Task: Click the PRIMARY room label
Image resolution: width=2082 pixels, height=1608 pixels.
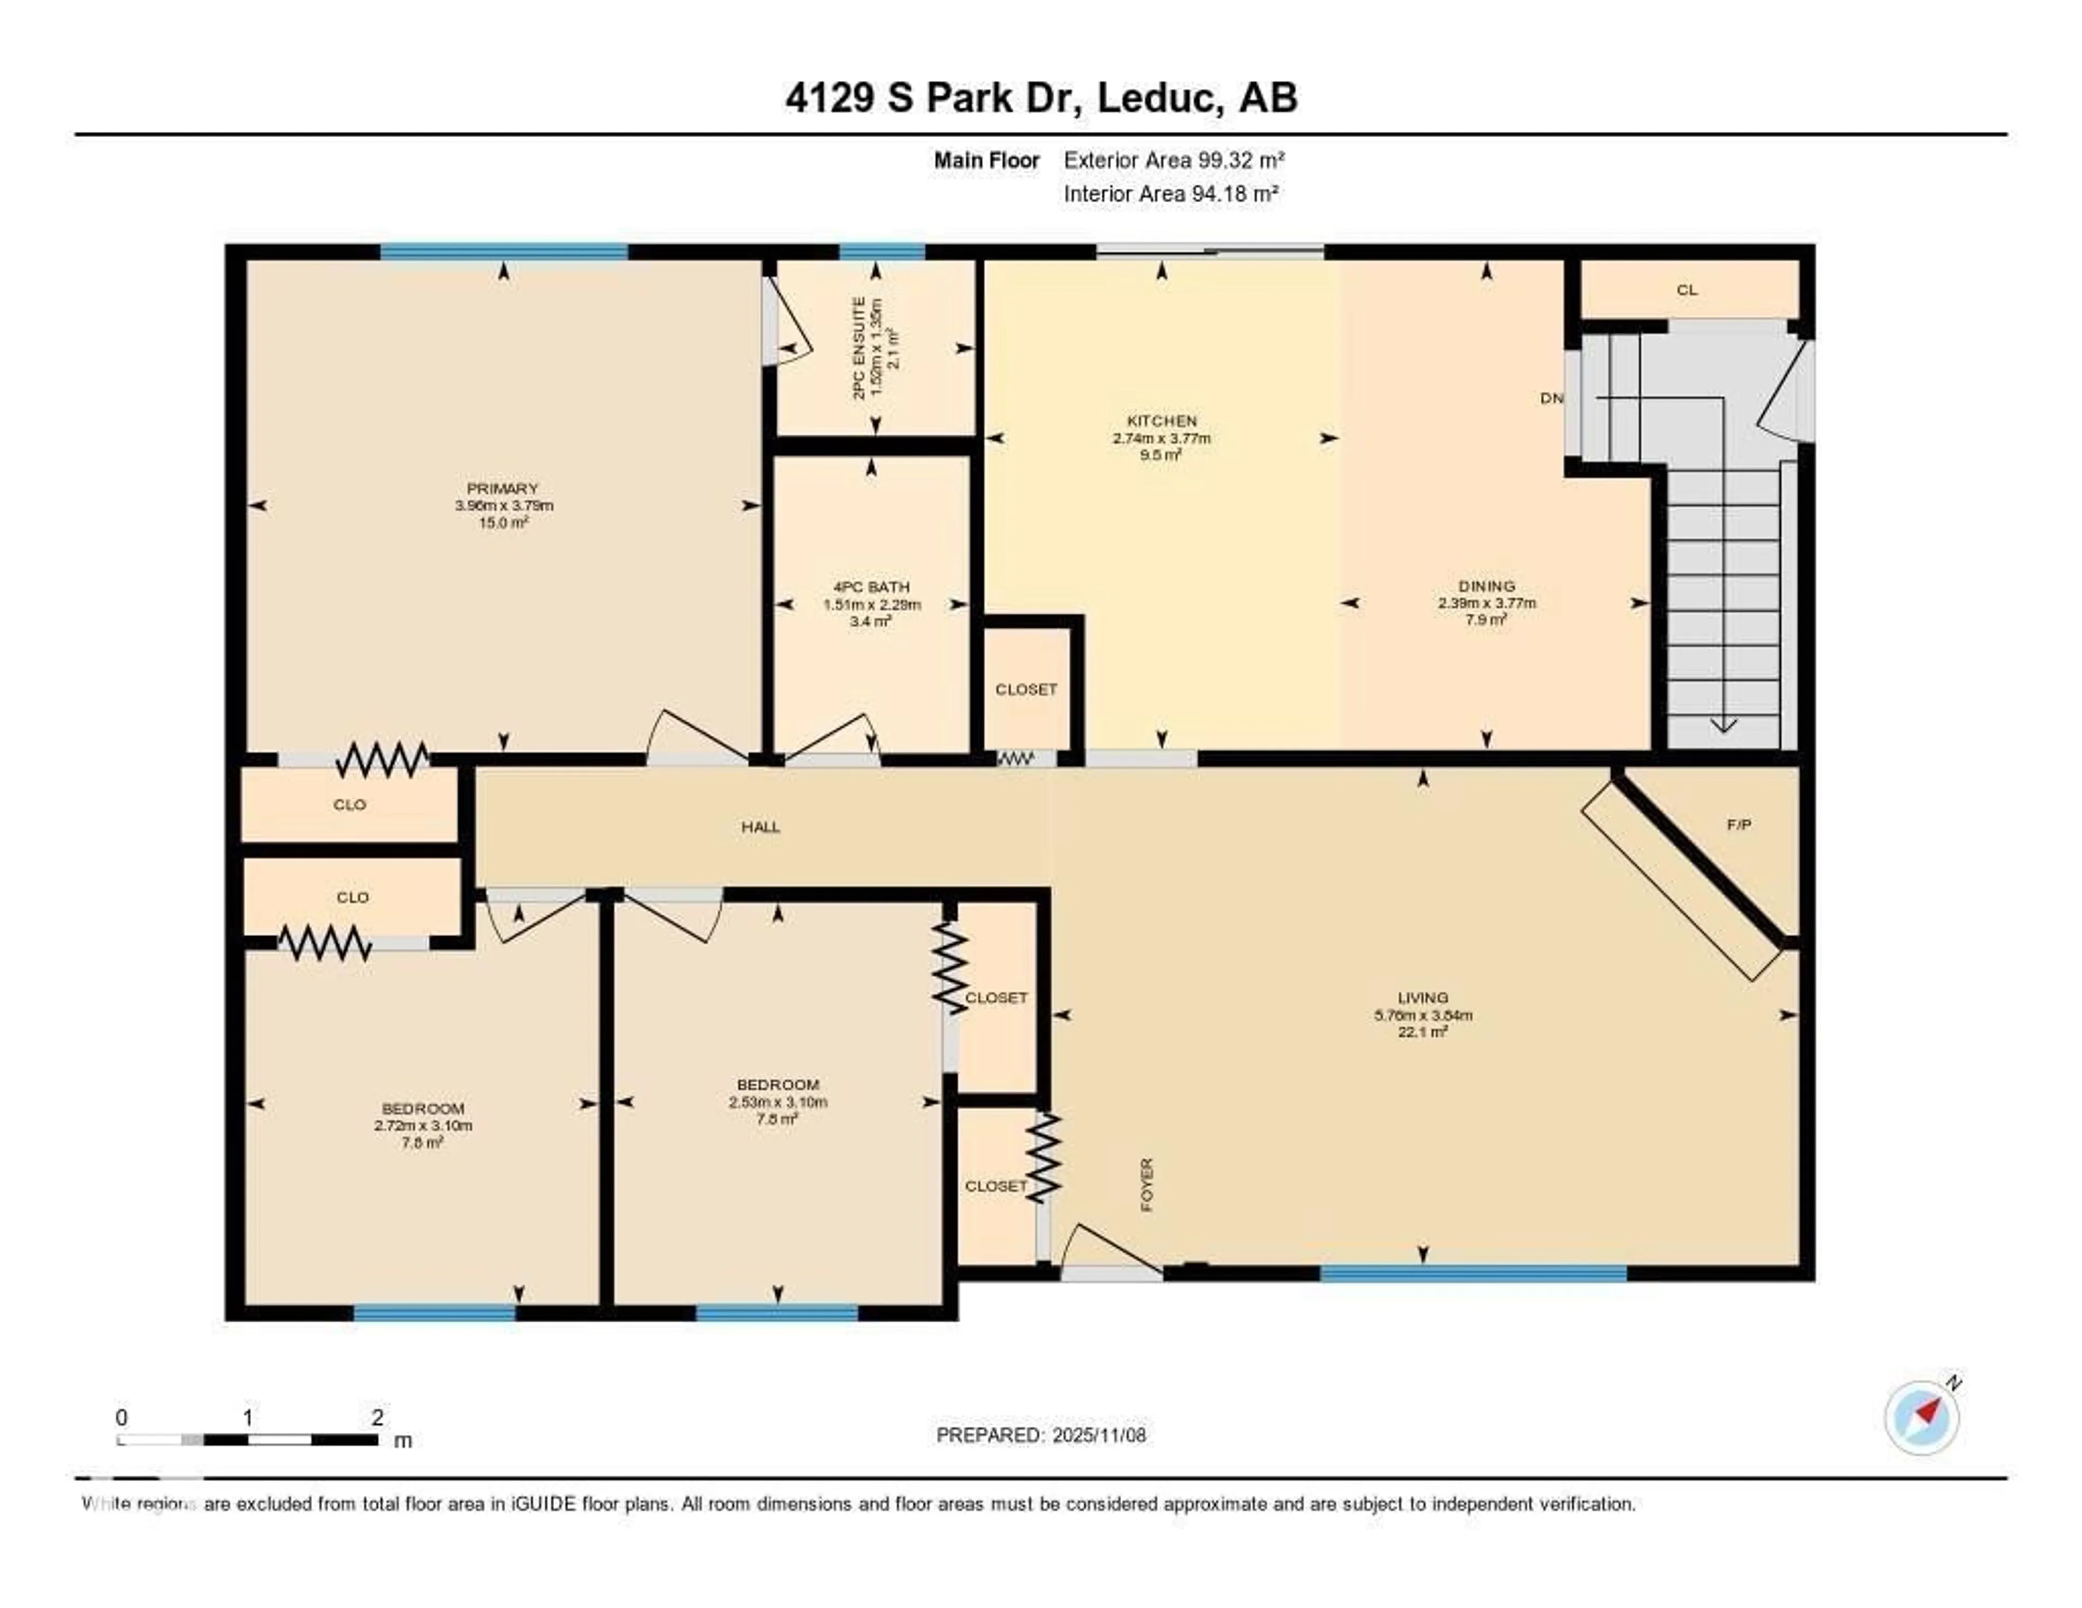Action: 503,488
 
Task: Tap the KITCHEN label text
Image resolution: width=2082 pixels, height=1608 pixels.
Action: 1161,420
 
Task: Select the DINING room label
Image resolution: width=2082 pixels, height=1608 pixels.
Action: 1486,586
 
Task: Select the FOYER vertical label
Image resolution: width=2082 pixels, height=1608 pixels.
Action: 1147,1185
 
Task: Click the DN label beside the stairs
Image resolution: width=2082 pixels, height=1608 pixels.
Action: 1551,398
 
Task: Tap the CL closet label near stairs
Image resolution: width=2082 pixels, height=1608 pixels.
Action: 1686,290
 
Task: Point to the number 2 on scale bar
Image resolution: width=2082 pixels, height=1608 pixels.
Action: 377,1417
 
